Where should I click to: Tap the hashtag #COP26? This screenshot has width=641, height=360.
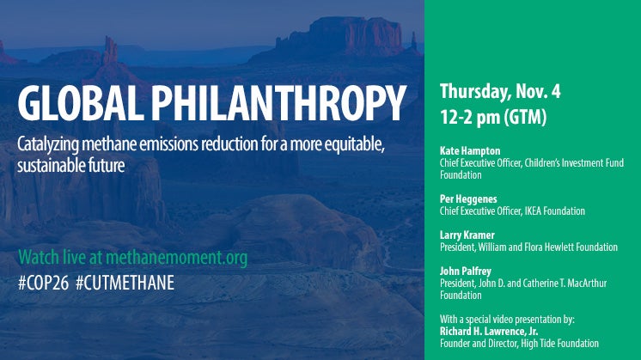click(43, 283)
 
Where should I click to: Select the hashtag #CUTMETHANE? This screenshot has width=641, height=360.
click(125, 283)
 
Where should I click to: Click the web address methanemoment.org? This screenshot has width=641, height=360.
click(177, 258)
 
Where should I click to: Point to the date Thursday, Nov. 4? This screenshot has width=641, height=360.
click(500, 92)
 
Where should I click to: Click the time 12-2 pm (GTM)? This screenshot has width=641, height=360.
click(493, 117)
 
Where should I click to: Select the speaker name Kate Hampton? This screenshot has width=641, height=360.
click(470, 151)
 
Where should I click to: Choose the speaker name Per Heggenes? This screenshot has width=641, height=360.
click(468, 199)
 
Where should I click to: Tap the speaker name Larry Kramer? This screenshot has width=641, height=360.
click(467, 235)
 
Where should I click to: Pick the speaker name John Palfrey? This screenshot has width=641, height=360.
click(466, 271)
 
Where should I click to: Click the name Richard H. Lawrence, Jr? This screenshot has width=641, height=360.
click(489, 331)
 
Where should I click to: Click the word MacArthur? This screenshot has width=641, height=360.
click(587, 283)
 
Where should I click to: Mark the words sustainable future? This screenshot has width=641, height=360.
click(71, 166)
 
